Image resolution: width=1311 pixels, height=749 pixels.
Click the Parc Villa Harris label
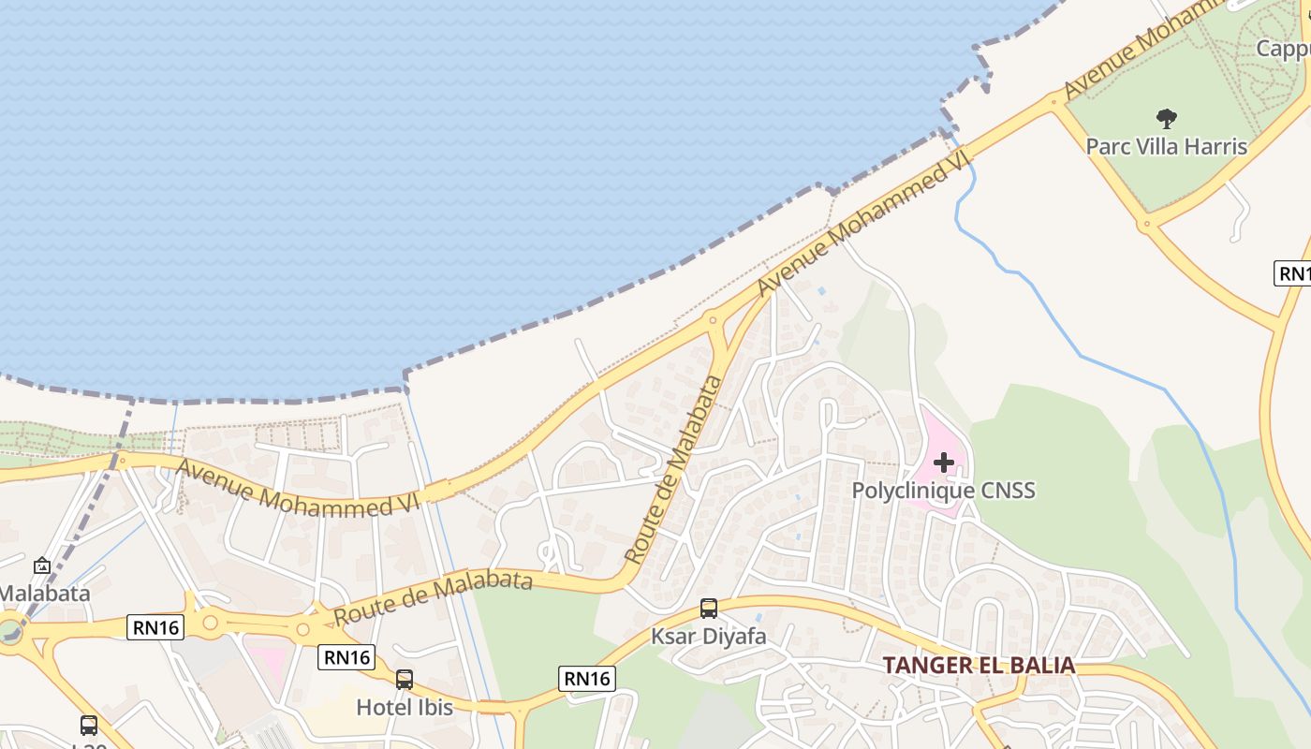[x=1166, y=146]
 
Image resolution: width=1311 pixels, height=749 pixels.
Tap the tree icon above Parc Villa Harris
[x=1166, y=118]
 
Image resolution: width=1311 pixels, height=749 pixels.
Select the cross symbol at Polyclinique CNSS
[x=943, y=462]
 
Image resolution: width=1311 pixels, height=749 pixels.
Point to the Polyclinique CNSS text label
[x=943, y=491]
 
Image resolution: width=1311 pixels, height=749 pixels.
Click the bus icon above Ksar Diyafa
[x=709, y=609]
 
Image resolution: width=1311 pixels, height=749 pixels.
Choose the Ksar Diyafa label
[x=709, y=637]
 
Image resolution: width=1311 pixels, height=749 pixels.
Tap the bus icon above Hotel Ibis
[x=405, y=679]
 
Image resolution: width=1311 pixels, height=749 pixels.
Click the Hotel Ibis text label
[x=405, y=707]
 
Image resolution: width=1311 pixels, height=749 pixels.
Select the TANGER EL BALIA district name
[x=979, y=666]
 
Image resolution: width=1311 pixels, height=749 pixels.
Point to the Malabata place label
[x=45, y=593]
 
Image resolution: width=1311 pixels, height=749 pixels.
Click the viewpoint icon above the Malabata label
[x=42, y=565]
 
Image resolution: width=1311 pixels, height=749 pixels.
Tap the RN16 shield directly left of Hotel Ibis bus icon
[x=346, y=657]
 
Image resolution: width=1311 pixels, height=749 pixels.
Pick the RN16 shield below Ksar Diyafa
[x=587, y=679]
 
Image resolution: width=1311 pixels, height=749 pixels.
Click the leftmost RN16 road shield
[x=155, y=627]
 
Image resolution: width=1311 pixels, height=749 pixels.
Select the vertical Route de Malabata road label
[x=673, y=469]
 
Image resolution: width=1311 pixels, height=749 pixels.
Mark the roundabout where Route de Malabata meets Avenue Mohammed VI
[x=714, y=320]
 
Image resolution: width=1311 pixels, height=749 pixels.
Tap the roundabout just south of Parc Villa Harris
[x=1144, y=225]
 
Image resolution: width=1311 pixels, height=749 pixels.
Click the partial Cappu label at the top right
[x=1283, y=48]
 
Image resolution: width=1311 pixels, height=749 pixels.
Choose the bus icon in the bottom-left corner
[x=89, y=725]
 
